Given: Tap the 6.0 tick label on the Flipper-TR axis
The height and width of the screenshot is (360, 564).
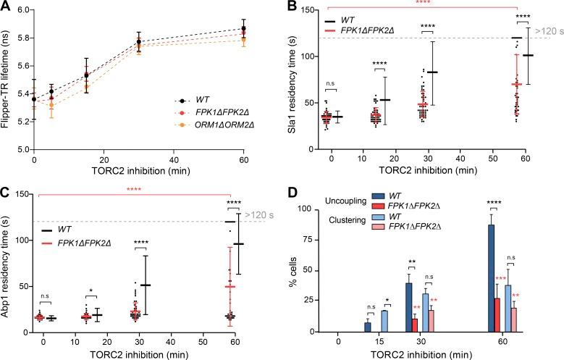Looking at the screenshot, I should pyautogui.click(x=19, y=10).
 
